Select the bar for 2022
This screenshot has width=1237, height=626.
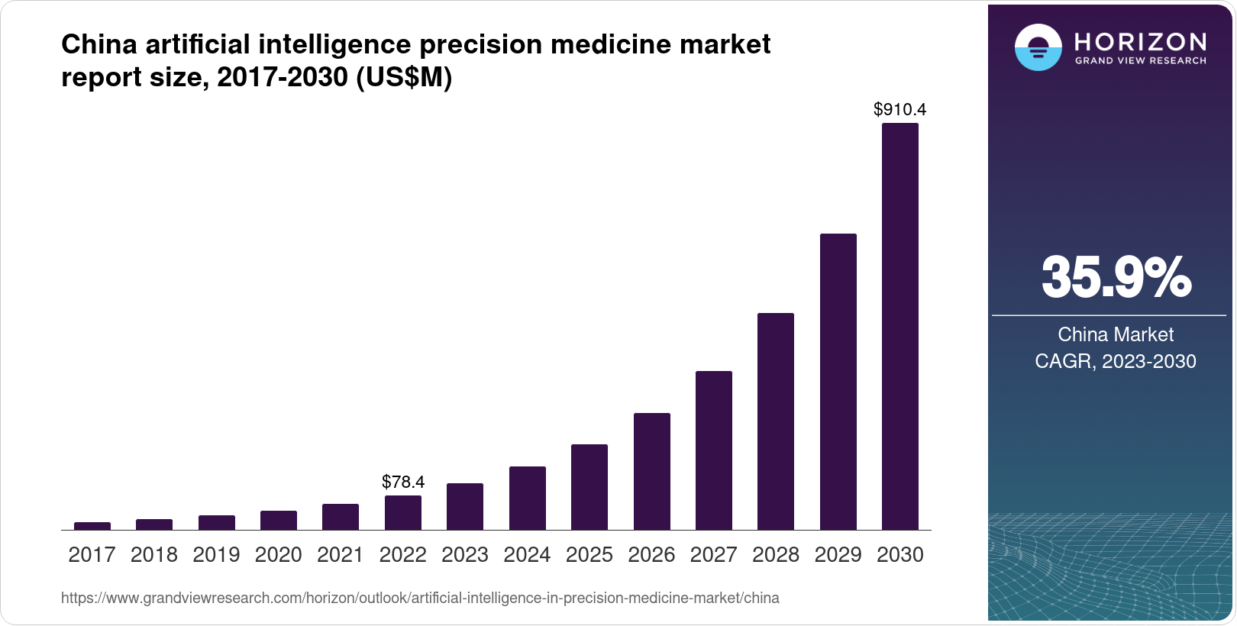tap(403, 512)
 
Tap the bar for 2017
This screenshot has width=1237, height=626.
tap(92, 526)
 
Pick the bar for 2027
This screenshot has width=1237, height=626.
tap(714, 450)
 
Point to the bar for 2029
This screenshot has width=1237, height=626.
tap(838, 382)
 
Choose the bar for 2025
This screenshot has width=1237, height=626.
tap(589, 487)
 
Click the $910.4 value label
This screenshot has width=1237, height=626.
tap(900, 109)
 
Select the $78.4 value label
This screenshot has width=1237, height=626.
tap(403, 482)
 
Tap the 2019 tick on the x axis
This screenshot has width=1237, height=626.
tap(217, 555)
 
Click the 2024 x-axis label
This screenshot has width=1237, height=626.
tap(527, 555)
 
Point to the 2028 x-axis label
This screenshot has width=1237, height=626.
tap(776, 555)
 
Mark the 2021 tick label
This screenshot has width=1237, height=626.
tap(341, 555)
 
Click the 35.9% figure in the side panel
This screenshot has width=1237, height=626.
tap(1116, 277)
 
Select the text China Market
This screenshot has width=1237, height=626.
tap(1116, 334)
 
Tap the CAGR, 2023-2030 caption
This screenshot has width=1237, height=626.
tap(1116, 361)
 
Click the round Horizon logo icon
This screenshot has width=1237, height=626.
tap(1038, 47)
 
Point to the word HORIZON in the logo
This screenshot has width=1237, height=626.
tap(1141, 41)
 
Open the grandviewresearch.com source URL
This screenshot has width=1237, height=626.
tap(420, 598)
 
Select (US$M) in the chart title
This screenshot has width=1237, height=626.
tap(404, 77)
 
